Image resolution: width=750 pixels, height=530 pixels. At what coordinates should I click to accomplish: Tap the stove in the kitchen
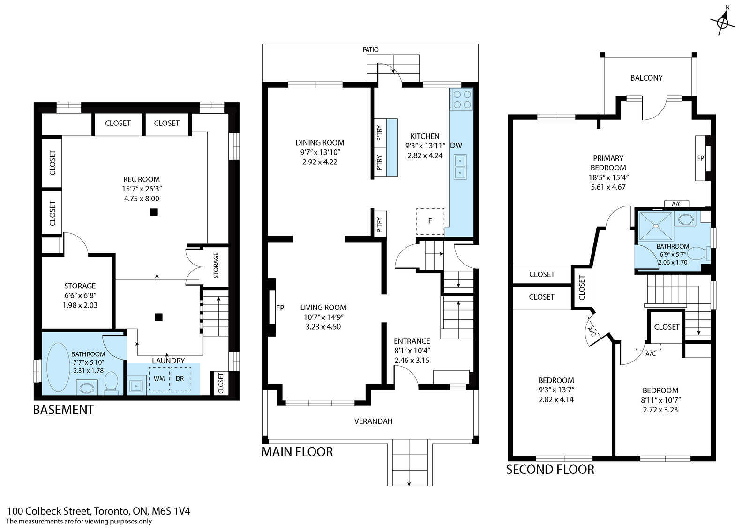pyautogui.click(x=461, y=99)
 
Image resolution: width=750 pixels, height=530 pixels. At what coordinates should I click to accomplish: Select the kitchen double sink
pyautogui.click(x=460, y=167)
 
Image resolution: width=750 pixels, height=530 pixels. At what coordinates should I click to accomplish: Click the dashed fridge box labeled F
pyautogui.click(x=430, y=221)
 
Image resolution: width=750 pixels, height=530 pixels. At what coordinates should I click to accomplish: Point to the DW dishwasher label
pyautogui.click(x=456, y=146)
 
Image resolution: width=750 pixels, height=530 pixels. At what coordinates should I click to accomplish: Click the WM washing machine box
pyautogui.click(x=159, y=378)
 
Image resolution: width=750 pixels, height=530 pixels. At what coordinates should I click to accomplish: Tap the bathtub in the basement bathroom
pyautogui.click(x=58, y=367)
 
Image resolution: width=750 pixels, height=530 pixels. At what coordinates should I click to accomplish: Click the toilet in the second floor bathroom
pyautogui.click(x=700, y=253)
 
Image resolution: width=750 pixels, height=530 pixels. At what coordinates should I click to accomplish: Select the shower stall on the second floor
pyautogui.click(x=656, y=226)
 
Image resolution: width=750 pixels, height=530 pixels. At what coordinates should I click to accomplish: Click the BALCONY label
pyautogui.click(x=646, y=78)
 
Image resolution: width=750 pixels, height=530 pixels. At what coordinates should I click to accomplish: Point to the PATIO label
pyautogui.click(x=370, y=50)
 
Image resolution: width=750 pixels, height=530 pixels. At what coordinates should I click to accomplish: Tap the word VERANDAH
pyautogui.click(x=373, y=421)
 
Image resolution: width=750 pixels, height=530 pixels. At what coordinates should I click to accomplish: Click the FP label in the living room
pyautogui.click(x=280, y=308)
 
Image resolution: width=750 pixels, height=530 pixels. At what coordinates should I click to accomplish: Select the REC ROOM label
pyautogui.click(x=142, y=179)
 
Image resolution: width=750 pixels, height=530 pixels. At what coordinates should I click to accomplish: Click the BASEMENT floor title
pyautogui.click(x=63, y=410)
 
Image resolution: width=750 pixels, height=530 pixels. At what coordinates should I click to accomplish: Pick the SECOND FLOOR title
pyautogui.click(x=550, y=470)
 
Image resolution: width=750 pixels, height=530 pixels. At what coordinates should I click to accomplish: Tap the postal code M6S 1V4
pyautogui.click(x=171, y=511)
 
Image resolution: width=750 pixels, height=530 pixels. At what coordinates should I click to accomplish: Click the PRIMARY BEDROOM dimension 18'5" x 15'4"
pyautogui.click(x=608, y=177)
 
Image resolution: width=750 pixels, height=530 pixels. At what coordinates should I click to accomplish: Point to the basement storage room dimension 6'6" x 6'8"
pyautogui.click(x=80, y=295)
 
